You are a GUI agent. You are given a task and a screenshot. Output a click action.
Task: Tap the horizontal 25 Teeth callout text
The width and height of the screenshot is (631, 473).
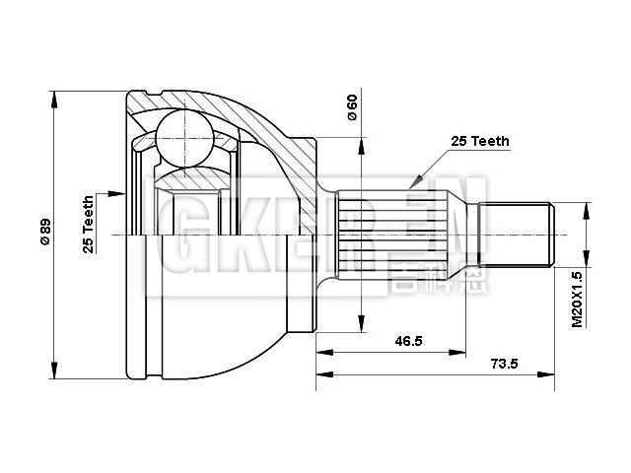coord(480,141)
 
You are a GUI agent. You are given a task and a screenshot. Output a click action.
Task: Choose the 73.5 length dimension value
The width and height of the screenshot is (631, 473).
coord(504,364)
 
